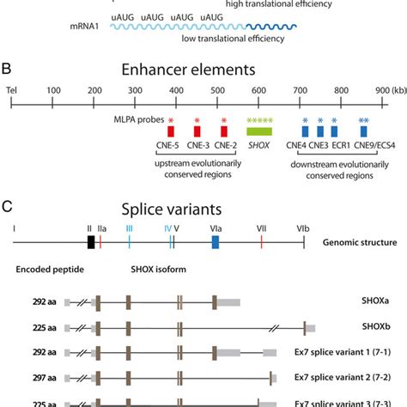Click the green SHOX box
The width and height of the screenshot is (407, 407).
258,131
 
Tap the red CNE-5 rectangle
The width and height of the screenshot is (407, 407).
171,131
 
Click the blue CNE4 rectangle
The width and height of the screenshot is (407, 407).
305,131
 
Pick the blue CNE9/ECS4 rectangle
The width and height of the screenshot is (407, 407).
364,131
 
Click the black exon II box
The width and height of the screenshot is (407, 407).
91,243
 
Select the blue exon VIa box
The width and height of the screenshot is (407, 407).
215,243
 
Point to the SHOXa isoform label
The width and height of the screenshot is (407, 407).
357,303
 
